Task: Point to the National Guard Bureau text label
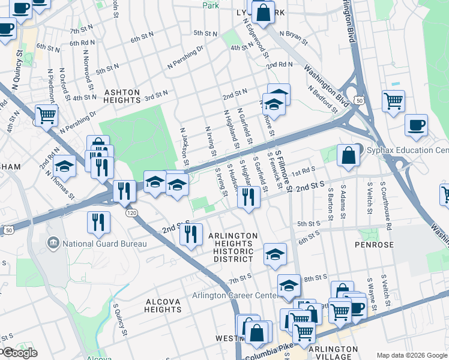tap(103, 244)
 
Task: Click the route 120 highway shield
tap(129, 213)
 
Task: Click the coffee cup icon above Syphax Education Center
tap(415, 125)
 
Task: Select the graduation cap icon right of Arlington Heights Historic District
tap(275, 254)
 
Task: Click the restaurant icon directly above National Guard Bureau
tap(99, 222)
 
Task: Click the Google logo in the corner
tap(19, 353)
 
